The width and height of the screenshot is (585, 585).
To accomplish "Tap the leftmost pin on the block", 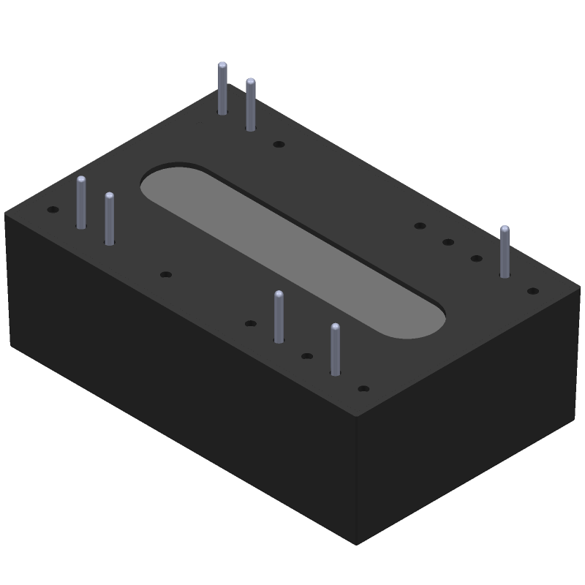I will pos(81,202).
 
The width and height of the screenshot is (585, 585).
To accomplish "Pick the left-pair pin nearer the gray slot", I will pos(110,218).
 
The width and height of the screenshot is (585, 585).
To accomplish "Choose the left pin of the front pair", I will pos(279,316).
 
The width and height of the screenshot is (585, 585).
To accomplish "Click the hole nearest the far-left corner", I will pos(53,210).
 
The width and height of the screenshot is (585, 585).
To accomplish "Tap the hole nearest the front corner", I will pos(363,388).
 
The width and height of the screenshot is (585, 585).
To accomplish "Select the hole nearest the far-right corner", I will pos(533,291).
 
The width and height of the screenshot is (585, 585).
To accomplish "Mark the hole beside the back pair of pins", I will pos(279,145).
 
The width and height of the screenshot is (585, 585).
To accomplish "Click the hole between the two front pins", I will pos(307,356).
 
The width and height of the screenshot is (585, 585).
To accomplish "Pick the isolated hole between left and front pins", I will pos(166,275).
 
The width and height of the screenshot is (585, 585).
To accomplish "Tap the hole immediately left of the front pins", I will pos(251,323).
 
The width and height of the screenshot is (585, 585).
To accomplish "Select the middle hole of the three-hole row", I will pos(448,242).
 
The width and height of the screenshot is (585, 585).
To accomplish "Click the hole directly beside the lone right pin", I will pos(476,258).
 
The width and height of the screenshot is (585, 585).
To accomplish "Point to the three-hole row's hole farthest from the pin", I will pos(420,226).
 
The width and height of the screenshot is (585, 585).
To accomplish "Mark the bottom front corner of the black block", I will pos(356,543).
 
